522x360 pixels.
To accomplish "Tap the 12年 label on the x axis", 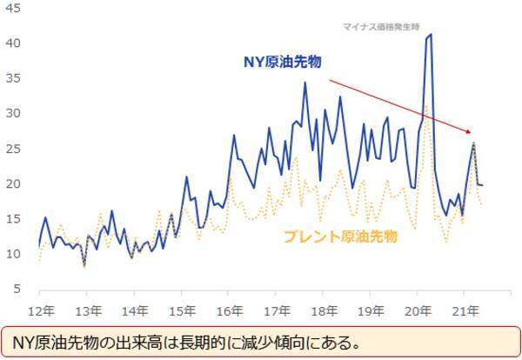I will pos(40,310).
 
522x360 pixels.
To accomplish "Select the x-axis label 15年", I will pos(181,310).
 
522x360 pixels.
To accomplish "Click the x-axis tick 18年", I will pos(323,310).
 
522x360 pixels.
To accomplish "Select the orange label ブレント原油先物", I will pos(340,236).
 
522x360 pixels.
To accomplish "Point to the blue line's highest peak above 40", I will pos(431,35).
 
